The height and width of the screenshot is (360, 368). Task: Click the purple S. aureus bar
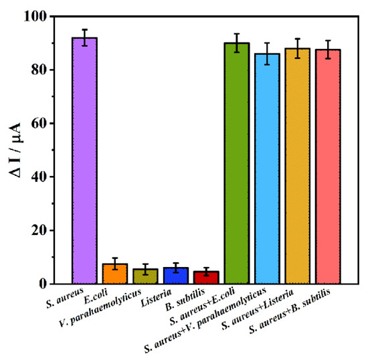coord(84,161)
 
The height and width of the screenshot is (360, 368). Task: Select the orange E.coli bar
coord(114,274)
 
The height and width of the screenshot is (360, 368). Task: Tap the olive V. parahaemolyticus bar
coord(145,276)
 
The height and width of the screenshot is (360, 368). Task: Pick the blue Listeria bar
coord(175,276)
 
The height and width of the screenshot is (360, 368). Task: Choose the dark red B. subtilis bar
coord(206,277)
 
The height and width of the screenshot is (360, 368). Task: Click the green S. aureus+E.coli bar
coord(237,163)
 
